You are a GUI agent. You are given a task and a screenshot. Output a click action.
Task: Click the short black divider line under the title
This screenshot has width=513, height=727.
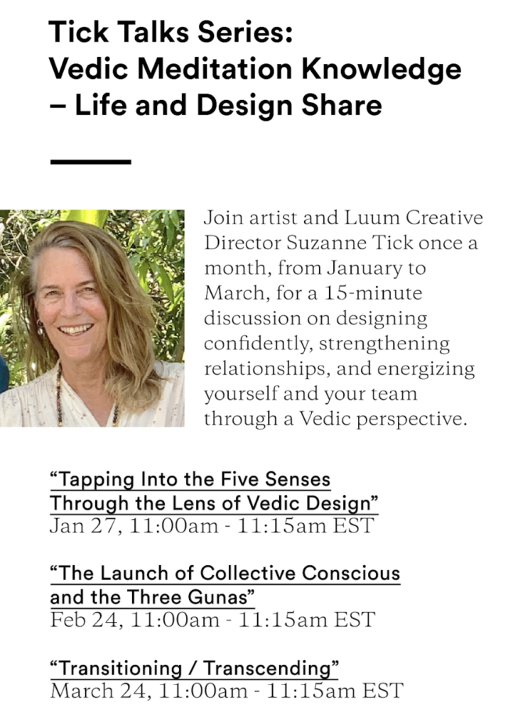(90, 162)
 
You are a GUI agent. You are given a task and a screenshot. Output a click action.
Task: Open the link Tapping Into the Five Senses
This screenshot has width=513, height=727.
(190, 479)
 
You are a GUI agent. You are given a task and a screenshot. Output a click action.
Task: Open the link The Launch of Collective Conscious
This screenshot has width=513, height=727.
(225, 574)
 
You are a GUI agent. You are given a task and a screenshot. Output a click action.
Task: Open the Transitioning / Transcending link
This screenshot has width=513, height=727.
(194, 669)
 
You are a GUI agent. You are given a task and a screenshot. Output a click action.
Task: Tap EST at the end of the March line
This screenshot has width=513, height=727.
(383, 691)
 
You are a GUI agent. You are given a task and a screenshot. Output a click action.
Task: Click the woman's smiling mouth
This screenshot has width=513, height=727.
(76, 330)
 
